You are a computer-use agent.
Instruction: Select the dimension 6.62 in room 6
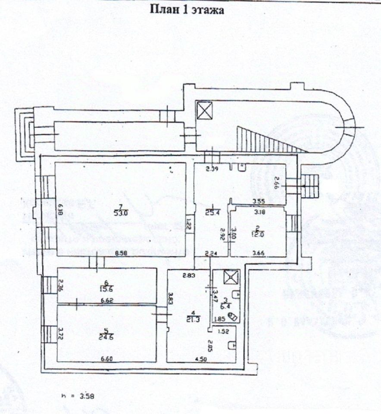(x=106, y=301)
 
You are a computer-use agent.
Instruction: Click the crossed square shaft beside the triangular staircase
(x=204, y=110)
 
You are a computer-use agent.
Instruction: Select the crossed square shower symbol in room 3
(x=231, y=277)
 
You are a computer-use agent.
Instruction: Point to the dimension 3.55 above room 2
(x=259, y=201)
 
